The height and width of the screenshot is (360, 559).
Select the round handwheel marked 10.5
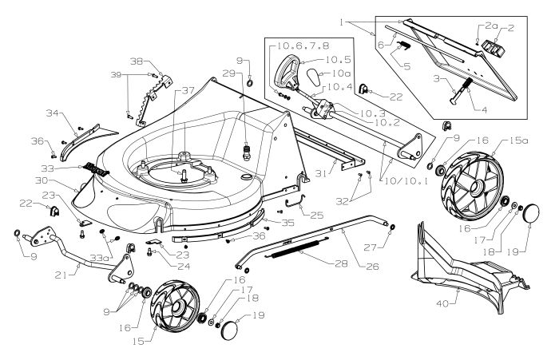click(285, 76)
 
